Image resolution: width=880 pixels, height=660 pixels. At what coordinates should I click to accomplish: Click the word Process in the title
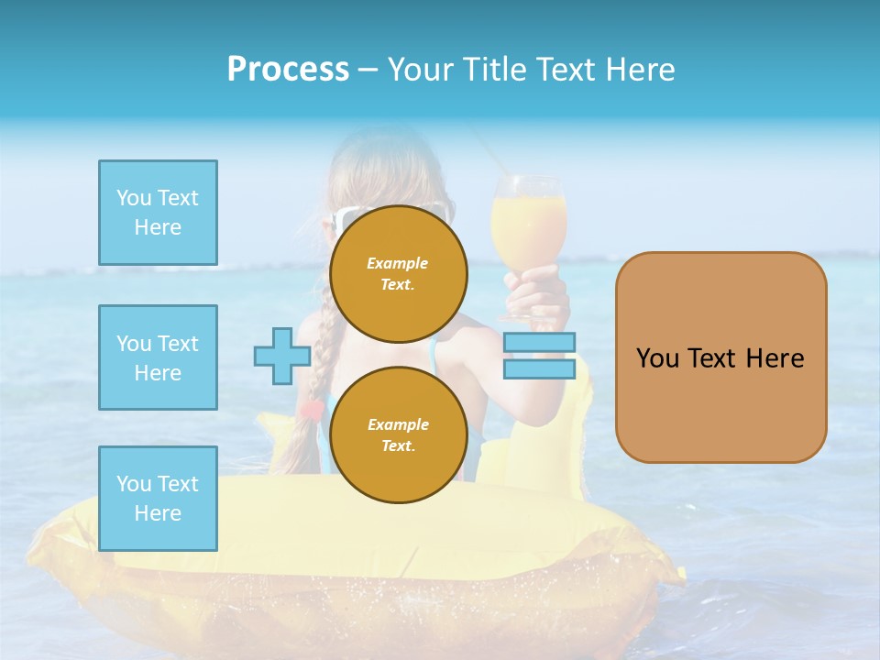coord(288,70)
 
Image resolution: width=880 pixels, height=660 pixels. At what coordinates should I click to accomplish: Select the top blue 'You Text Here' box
coord(158,213)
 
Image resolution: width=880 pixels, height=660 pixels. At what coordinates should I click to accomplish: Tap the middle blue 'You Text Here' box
coord(158,357)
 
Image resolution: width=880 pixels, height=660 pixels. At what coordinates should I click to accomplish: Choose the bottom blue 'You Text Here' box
coord(158,499)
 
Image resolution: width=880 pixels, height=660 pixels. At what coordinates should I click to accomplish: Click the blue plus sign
coord(281,356)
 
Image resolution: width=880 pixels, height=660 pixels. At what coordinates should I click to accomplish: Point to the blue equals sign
coord(539,356)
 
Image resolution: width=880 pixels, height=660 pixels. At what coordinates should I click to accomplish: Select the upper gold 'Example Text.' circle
coord(398,273)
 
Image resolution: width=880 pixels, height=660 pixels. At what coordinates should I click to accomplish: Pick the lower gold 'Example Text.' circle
coord(398,434)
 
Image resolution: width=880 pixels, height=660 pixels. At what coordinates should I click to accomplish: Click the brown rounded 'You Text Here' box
coord(720,357)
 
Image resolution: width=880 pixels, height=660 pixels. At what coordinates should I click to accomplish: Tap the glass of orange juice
coord(528,225)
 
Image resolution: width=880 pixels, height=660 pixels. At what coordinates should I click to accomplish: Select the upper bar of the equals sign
coord(539,343)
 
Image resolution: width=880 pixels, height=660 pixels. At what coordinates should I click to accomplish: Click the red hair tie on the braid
coord(313,410)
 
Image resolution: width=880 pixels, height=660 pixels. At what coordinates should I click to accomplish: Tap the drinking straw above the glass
coord(481,147)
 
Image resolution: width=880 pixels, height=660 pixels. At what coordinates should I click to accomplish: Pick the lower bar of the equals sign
coord(539,368)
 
